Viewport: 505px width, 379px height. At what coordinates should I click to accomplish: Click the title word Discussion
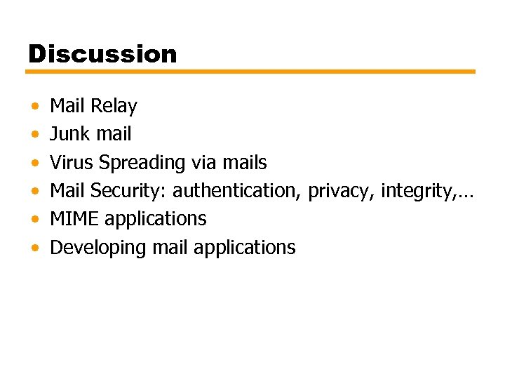click(x=102, y=54)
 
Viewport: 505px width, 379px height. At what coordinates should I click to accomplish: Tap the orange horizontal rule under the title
click(x=251, y=72)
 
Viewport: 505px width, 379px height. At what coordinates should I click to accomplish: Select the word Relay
click(x=114, y=106)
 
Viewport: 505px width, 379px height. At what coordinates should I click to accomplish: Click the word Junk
click(x=68, y=134)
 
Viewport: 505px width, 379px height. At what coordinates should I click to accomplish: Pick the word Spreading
click(x=142, y=163)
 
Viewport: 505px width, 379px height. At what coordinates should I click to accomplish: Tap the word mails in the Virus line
click(x=244, y=162)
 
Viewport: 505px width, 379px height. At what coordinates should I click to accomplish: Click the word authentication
click(x=237, y=190)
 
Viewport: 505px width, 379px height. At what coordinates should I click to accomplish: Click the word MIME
click(x=74, y=218)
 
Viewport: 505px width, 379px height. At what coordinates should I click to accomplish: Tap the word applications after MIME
click(x=156, y=219)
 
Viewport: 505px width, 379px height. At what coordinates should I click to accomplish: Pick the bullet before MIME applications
click(x=35, y=220)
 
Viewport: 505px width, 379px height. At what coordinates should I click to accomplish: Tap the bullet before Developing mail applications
click(x=35, y=248)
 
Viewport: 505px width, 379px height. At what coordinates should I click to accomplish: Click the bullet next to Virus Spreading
click(x=35, y=164)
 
